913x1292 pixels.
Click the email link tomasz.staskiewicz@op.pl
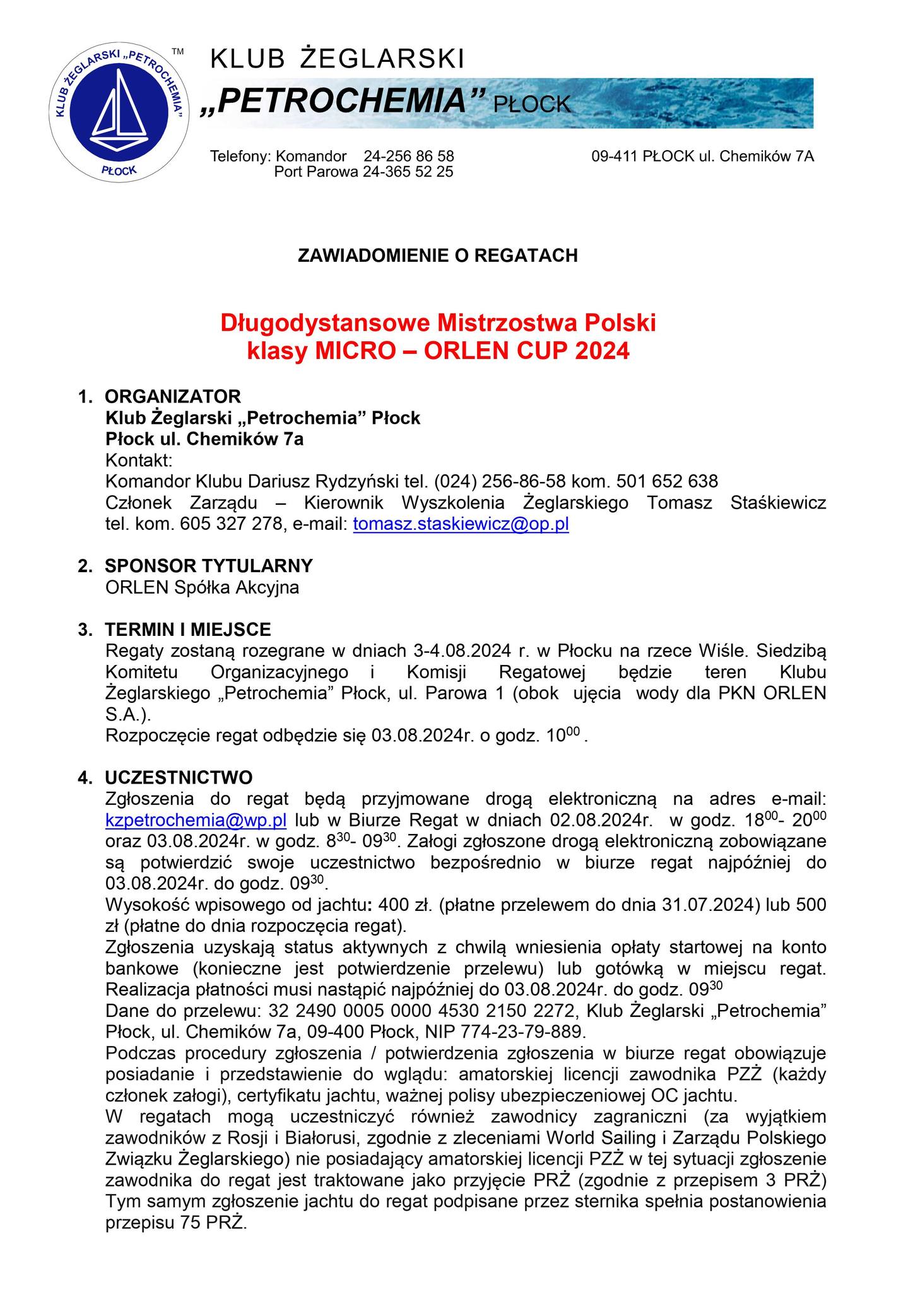pos(461,524)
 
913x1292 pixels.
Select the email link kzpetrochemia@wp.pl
pos(196,820)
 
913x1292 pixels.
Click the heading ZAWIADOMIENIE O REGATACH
pos(437,255)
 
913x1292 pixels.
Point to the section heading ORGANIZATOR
pos(173,397)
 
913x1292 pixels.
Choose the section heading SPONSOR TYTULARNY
pos(209,566)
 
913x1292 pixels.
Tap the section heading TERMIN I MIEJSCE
pos(188,629)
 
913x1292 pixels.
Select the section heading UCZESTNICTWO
pos(179,777)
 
